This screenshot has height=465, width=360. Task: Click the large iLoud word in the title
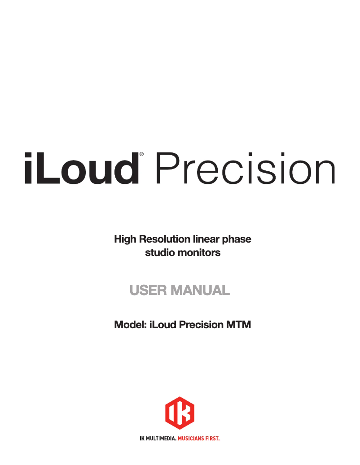[81, 168]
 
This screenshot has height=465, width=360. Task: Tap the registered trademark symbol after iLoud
[142, 155]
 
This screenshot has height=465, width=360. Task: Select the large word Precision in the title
[245, 169]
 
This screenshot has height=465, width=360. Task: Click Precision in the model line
[200, 324]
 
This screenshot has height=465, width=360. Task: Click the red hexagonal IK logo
[180, 413]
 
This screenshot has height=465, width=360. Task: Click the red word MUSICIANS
[193, 437]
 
